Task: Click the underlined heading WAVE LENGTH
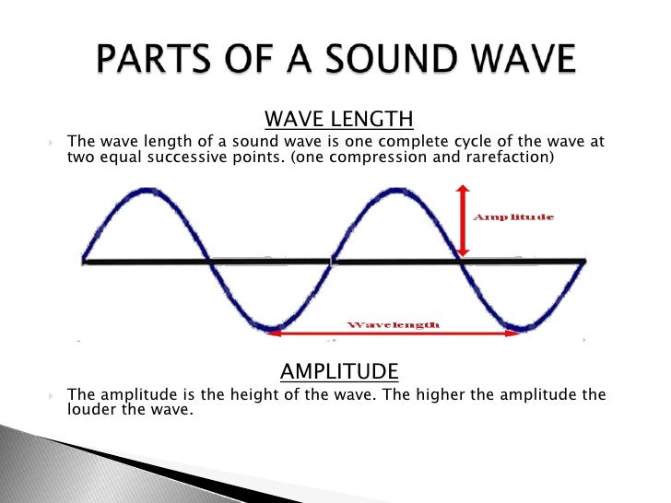click(x=338, y=121)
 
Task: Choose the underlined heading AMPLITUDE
click(x=339, y=371)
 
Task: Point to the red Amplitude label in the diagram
click(x=512, y=217)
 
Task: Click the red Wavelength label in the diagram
click(x=393, y=324)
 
